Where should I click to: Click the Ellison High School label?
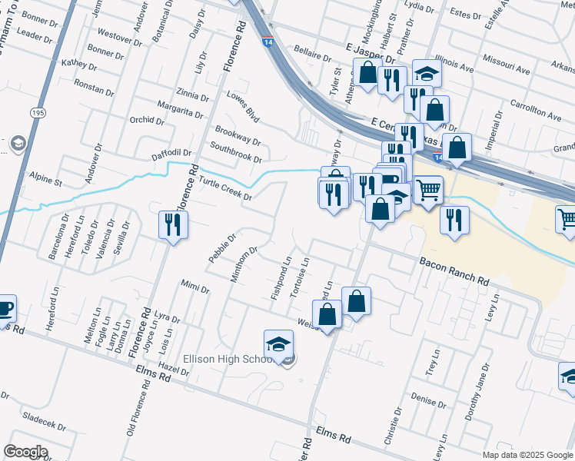(228, 359)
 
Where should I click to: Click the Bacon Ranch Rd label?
(454, 273)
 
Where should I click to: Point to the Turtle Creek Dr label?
(225, 189)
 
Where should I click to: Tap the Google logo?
(25, 452)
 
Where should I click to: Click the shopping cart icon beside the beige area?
(428, 189)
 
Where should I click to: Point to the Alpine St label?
(45, 182)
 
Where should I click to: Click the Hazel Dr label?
(174, 371)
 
